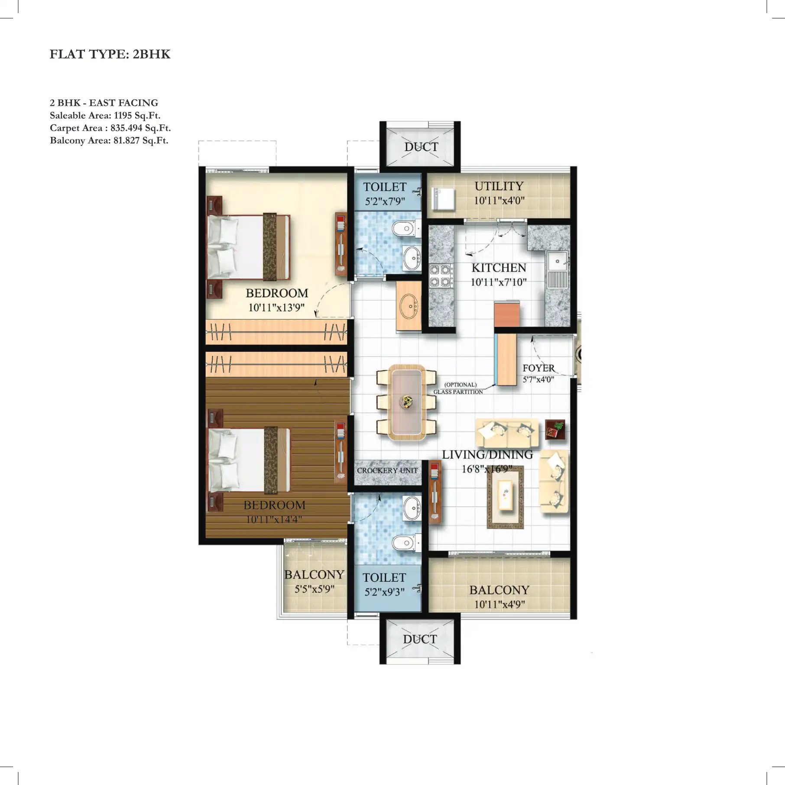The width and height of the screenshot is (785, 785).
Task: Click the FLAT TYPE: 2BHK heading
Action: pyautogui.click(x=110, y=54)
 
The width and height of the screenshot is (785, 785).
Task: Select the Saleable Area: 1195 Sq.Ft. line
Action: pyautogui.click(x=105, y=115)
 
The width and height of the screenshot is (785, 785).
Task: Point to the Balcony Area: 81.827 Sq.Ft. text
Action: pyautogui.click(x=109, y=140)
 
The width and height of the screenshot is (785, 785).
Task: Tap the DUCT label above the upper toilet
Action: pyautogui.click(x=421, y=147)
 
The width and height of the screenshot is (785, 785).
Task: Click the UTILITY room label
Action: pyautogui.click(x=499, y=186)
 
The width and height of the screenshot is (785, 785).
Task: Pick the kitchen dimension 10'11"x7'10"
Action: pyautogui.click(x=498, y=282)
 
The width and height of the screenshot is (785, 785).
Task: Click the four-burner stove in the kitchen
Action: pyautogui.click(x=440, y=276)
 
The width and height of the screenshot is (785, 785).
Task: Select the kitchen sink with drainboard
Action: pyautogui.click(x=557, y=269)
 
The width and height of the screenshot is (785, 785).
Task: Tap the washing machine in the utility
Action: pyautogui.click(x=443, y=199)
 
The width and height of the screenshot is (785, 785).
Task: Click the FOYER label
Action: pyautogui.click(x=538, y=368)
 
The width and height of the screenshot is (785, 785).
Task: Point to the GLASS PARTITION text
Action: pyautogui.click(x=458, y=392)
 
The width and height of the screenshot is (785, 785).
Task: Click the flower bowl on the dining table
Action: pyautogui.click(x=407, y=402)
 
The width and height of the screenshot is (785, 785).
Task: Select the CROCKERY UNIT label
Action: pyautogui.click(x=387, y=470)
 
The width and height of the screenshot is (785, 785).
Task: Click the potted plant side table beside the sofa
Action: pyautogui.click(x=555, y=429)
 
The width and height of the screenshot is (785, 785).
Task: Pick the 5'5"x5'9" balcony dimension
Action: pyautogui.click(x=314, y=589)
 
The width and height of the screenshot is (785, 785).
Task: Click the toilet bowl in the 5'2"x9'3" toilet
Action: pyautogui.click(x=405, y=542)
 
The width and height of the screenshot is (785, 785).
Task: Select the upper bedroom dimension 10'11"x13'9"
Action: pyautogui.click(x=276, y=308)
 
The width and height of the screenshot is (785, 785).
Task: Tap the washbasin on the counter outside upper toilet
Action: pyautogui.click(x=409, y=305)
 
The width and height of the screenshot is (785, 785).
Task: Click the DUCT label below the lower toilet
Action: pyautogui.click(x=420, y=639)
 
